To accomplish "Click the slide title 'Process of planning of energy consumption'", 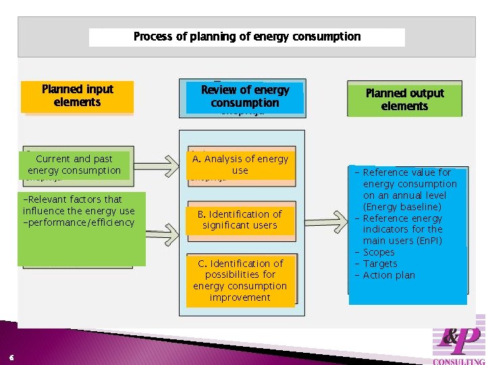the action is point(247,36).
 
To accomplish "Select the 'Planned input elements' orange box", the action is point(77,96).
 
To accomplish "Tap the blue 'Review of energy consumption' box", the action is point(244,97).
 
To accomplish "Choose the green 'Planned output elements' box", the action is point(404,99).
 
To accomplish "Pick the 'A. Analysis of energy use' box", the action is point(240,165).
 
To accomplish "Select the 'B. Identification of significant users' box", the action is point(240,220).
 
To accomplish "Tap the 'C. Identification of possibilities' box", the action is point(240,281).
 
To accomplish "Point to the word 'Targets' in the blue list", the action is point(380,264).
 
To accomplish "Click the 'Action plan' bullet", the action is point(389,275).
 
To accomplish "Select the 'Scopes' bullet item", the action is point(379,252).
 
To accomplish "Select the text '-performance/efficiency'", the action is point(78,222).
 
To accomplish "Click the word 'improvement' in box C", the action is point(240,297).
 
